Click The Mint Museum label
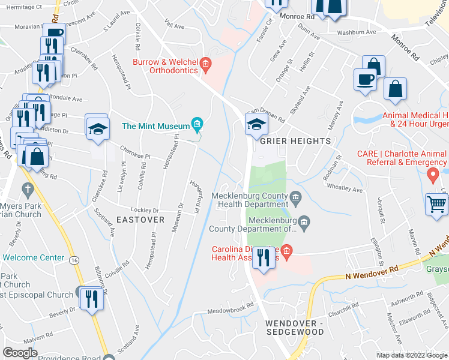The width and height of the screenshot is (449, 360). pos(155,126)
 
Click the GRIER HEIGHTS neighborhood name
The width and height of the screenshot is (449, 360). pos(295,141)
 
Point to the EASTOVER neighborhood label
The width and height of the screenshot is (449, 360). pos(140,220)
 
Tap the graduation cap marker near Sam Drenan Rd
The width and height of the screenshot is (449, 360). pos(255,125)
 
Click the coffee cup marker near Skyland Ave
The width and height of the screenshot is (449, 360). pos(365,79)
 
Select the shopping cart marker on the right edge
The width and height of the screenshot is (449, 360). pos(437,204)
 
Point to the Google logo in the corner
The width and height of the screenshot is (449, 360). pos(20,353)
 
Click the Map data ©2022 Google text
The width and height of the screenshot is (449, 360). pos(412,355)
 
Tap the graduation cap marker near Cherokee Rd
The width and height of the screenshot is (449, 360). pos(96,128)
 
